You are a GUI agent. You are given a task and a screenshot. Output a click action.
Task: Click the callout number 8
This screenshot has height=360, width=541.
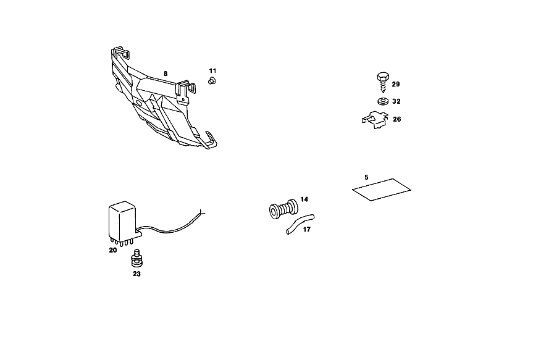[166, 74]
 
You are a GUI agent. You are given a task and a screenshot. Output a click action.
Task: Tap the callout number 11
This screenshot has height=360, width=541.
[212, 70]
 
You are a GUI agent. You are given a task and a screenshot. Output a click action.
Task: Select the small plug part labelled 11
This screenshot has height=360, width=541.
[212, 81]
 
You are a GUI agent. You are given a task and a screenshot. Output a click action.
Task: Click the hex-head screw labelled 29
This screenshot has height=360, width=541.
[383, 82]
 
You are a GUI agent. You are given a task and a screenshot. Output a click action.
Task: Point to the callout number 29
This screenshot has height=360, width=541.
[396, 84]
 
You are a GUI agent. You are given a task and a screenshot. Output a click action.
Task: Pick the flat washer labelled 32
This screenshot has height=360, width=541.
[383, 101]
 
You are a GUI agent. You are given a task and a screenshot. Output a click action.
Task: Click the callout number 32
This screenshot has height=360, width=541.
[396, 101]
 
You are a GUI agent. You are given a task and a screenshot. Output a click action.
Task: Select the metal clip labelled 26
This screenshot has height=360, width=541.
[375, 120]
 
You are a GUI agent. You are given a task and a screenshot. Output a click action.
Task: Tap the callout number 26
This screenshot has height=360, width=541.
[397, 119]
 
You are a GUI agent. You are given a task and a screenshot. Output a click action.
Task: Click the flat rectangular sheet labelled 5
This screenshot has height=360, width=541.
[382, 190]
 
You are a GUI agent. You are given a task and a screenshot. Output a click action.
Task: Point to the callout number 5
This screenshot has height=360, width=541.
[366, 177]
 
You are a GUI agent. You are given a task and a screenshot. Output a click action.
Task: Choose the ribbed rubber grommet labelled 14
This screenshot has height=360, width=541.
[283, 209]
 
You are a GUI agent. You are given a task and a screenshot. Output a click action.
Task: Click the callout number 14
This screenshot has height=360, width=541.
[304, 199]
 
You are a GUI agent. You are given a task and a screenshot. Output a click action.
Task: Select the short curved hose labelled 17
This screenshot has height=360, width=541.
[300, 224]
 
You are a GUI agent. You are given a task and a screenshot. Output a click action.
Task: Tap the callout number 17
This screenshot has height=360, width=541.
[307, 229]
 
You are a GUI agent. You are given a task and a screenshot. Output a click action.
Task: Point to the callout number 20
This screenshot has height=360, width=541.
[113, 250]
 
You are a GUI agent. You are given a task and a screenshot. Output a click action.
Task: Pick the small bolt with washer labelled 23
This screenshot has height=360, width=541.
[137, 258]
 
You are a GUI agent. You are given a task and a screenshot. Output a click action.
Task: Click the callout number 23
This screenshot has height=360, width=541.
[136, 274]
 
